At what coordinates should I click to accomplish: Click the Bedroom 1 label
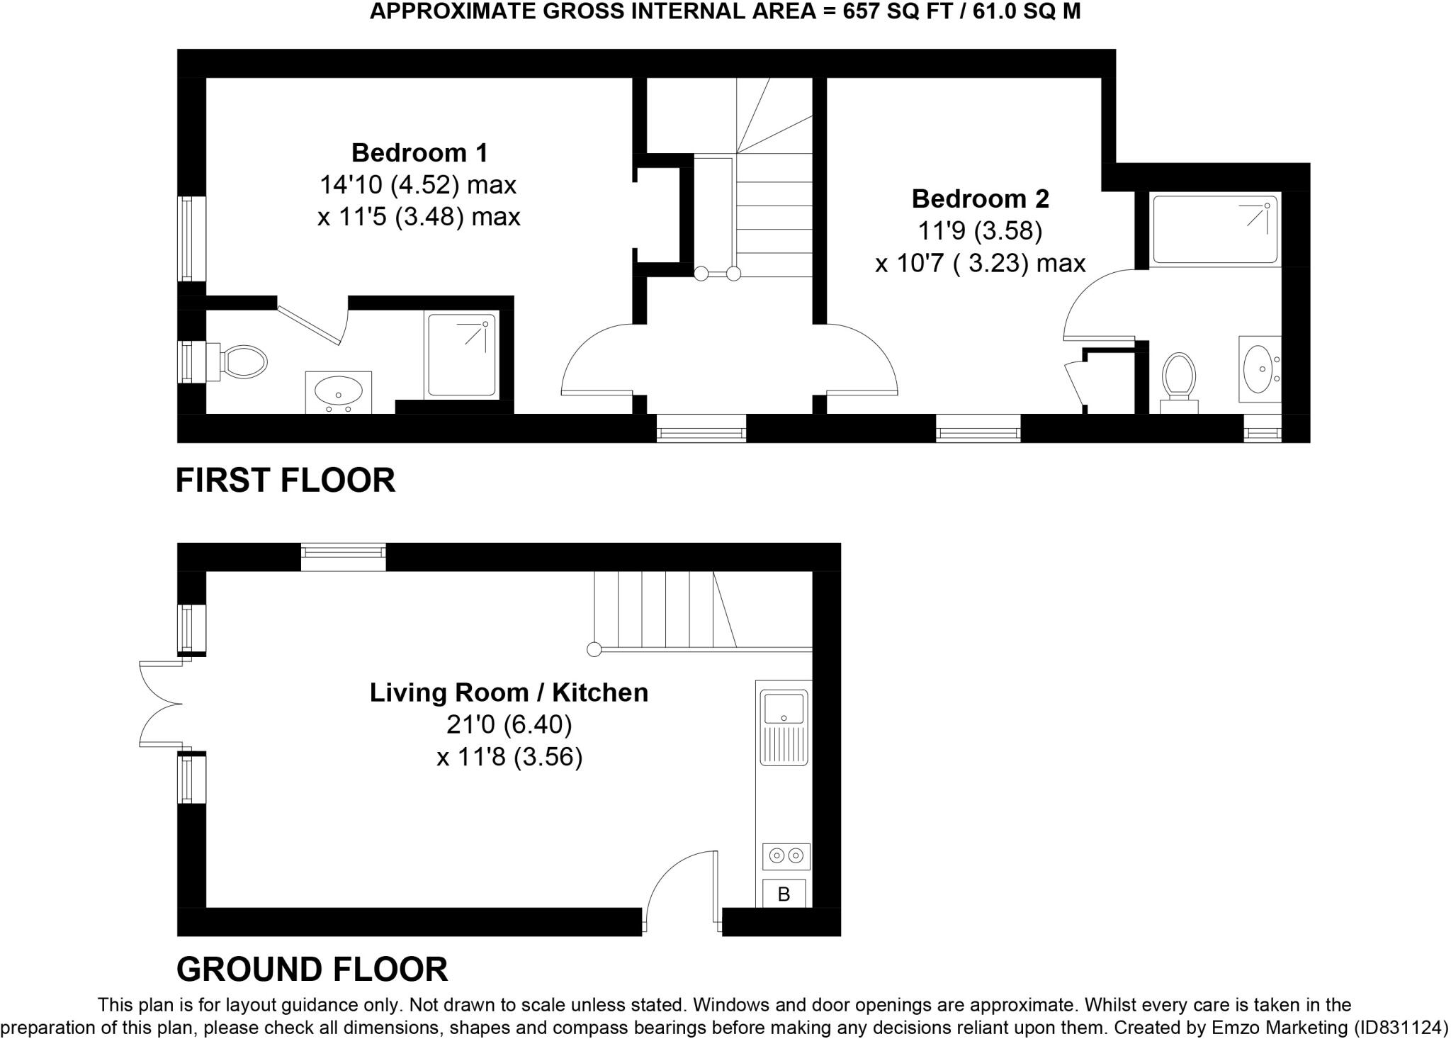pyautogui.click(x=419, y=153)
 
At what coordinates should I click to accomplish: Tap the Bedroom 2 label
pyautogui.click(x=980, y=199)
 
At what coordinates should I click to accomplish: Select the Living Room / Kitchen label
pyautogui.click(x=509, y=692)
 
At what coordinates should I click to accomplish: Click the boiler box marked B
pyautogui.click(x=784, y=894)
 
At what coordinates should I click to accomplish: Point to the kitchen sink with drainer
pyautogui.click(x=784, y=727)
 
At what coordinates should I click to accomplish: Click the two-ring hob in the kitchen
pyautogui.click(x=786, y=856)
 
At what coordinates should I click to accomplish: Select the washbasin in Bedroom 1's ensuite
pyautogui.click(x=338, y=391)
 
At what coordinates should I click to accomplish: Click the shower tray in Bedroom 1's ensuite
pyautogui.click(x=461, y=355)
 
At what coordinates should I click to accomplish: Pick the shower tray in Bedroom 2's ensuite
pyautogui.click(x=1215, y=230)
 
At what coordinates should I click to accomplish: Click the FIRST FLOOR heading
pyautogui.click(x=285, y=481)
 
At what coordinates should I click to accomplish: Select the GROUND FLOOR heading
pyautogui.click(x=312, y=969)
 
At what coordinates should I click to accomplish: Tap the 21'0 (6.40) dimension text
pyautogui.click(x=509, y=724)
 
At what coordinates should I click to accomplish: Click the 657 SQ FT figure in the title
pyautogui.click(x=884, y=12)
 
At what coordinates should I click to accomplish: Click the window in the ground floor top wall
pyautogui.click(x=343, y=557)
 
